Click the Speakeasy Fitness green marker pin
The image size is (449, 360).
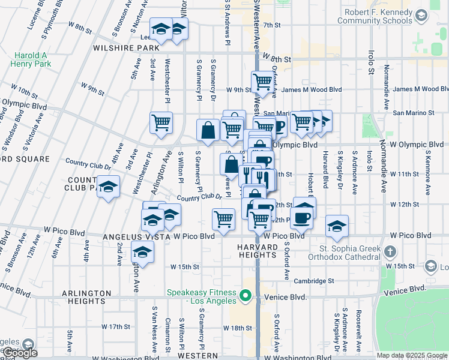tap(245, 295)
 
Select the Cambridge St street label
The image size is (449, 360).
tap(314, 281)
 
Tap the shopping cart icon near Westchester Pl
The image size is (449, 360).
tap(161, 123)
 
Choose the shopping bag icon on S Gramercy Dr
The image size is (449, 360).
tap(208, 130)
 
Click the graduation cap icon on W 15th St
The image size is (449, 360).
tap(142, 252)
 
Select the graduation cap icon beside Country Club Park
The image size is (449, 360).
tap(108, 187)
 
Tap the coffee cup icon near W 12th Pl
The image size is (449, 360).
tap(301, 217)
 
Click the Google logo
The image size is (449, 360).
tap(19, 353)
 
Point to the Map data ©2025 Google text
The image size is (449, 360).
tap(412, 355)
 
